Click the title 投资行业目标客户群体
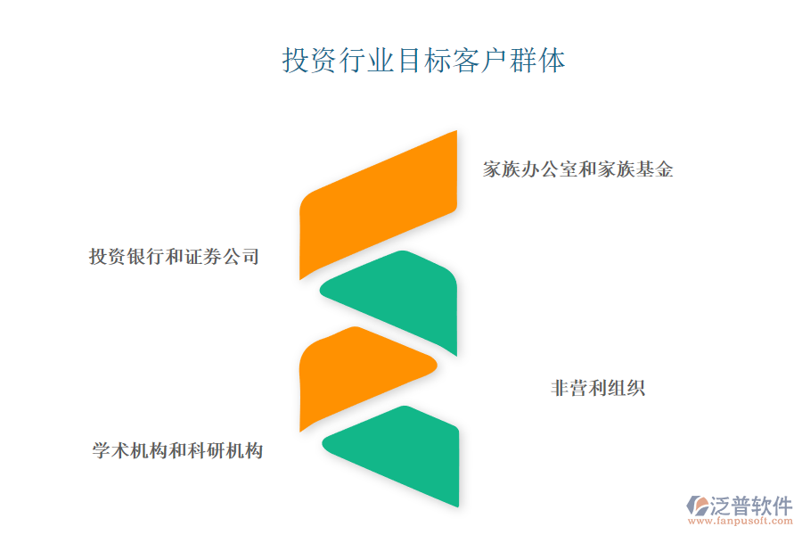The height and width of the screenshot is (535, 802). pos(423,61)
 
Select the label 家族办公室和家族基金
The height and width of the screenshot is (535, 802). pos(578,169)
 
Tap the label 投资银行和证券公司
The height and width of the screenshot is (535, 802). pos(175,257)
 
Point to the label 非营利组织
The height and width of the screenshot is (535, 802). pos(598,388)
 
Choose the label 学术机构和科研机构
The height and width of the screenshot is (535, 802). pos(177,450)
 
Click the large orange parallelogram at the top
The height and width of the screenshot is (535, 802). pos(378,205)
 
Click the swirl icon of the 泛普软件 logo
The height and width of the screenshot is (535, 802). pos(698,506)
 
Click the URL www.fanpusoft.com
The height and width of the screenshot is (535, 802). pos(741,521)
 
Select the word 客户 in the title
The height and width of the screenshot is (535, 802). pos(480,61)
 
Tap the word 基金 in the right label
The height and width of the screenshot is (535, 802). pos(655,169)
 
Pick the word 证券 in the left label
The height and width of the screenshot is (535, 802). pos(203,257)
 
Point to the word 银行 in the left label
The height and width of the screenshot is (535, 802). pos(146,257)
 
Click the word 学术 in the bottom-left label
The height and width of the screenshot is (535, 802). pos(110,450)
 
